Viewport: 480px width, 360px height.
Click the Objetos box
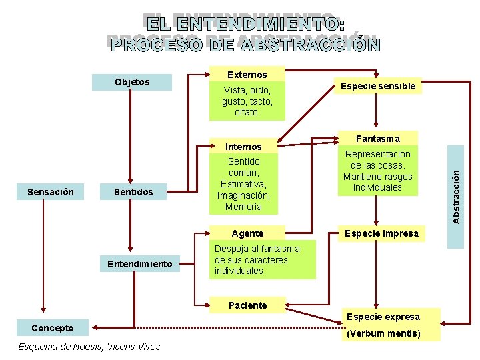pos(132,82)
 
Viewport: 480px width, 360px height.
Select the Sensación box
pos(51,192)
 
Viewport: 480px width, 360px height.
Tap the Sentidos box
pos(133,192)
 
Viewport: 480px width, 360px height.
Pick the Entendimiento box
pos(140,265)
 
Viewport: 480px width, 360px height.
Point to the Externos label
pos(247,75)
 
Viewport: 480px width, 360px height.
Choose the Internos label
pos(243,147)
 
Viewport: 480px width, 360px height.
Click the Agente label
pos(247,233)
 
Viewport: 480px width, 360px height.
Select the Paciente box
pos(247,305)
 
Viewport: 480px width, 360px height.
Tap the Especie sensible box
pos(378,86)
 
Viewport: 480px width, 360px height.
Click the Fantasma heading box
pos(378,139)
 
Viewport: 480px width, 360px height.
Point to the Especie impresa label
pos(381,233)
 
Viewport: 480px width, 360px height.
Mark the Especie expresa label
pos(383,317)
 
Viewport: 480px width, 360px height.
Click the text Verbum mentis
pos(383,333)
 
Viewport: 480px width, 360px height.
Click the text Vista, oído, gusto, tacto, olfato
pos(247,101)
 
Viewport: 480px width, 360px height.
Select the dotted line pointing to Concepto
pos(213,327)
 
